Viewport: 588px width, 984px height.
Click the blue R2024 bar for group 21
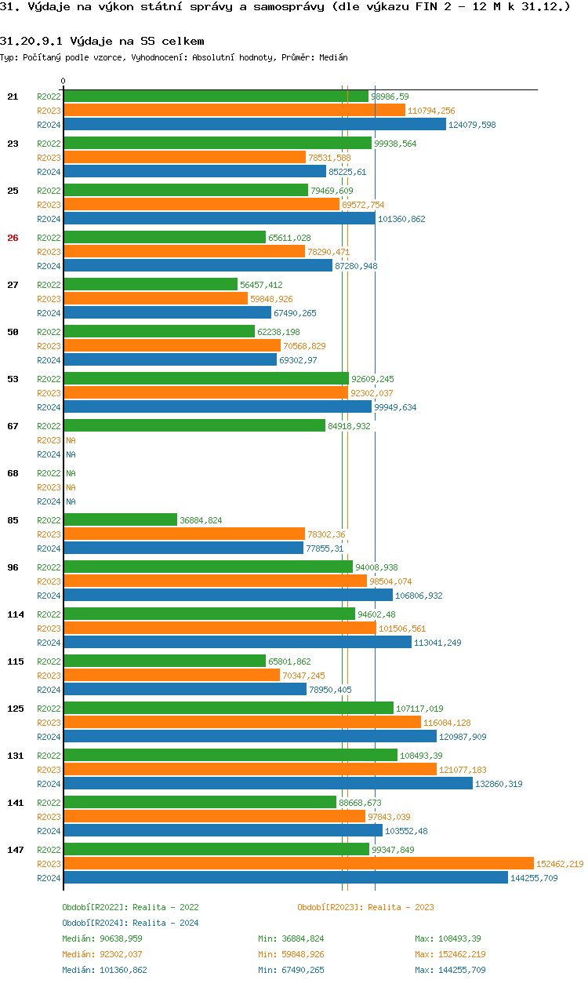click(254, 125)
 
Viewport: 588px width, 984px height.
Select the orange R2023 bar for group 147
click(298, 864)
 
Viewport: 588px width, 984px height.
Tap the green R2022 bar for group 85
click(120, 520)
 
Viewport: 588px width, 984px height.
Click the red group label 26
click(13, 238)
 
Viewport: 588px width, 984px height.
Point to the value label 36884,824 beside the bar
click(201, 520)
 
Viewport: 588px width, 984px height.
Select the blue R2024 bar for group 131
click(267, 784)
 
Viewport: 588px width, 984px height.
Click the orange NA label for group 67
click(71, 440)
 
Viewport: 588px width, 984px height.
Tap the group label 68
click(13, 473)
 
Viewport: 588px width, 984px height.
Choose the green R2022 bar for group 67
click(194, 426)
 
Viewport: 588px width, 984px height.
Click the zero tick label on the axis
click(64, 81)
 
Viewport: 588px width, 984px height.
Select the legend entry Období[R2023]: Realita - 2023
click(365, 907)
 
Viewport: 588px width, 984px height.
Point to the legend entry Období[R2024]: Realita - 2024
click(130, 923)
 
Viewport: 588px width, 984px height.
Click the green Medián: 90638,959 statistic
click(102, 938)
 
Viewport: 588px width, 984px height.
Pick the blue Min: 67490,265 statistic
click(291, 970)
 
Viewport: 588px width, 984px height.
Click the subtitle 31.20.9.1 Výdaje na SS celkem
click(102, 40)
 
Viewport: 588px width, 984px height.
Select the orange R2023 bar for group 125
click(241, 723)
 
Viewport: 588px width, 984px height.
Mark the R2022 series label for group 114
click(49, 614)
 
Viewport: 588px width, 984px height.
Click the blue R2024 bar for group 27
click(167, 313)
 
